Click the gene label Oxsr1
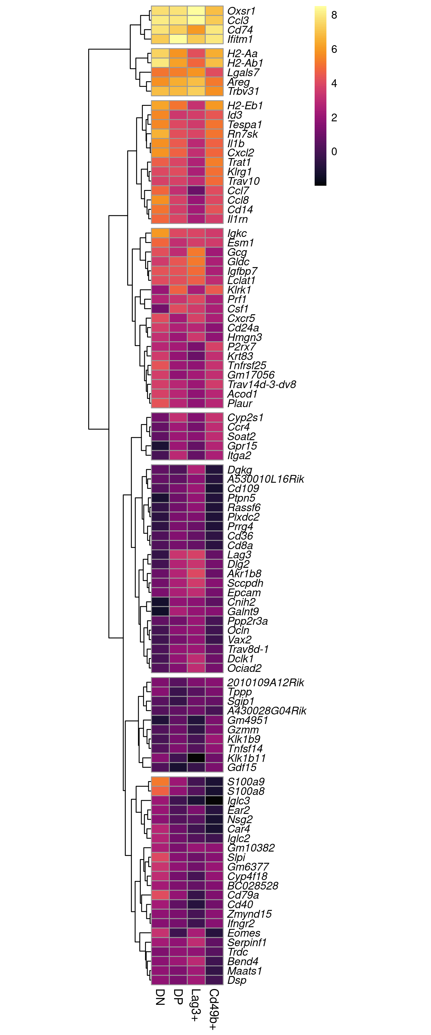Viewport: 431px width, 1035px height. click(241, 11)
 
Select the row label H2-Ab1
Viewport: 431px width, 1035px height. click(245, 63)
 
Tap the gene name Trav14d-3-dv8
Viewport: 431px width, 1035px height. click(261, 384)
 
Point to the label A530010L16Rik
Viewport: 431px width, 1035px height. click(265, 479)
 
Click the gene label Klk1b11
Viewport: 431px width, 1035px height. click(246, 758)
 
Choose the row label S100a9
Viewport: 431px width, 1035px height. click(246, 782)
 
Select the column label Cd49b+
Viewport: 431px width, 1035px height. click(214, 1009)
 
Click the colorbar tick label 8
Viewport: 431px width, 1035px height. click(334, 15)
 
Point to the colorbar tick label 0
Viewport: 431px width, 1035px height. click(334, 152)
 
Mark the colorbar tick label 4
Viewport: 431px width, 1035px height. click(334, 84)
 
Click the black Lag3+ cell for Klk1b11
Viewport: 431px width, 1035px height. click(196, 758)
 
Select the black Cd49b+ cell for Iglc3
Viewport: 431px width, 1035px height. click(214, 801)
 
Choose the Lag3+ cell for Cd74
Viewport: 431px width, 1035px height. click(196, 30)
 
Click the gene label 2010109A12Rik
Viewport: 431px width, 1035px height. click(265, 683)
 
